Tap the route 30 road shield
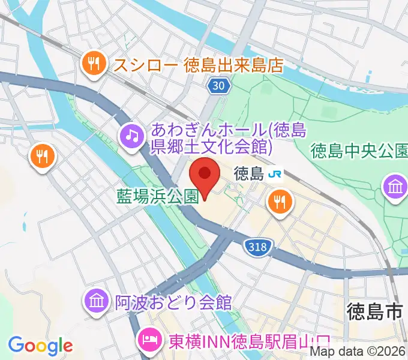point(220,87)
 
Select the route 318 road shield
point(258,245)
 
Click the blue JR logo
point(276,175)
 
